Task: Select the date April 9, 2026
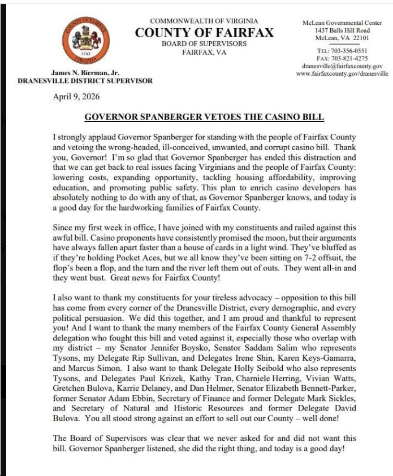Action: pos(76,97)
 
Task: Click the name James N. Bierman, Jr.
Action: pos(84,73)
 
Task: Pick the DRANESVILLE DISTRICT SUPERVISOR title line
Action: pos(85,81)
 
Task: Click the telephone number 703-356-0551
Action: pos(348,50)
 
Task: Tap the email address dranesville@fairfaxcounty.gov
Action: pos(343,65)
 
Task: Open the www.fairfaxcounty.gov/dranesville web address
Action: pos(342,73)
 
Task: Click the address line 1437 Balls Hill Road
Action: pos(343,30)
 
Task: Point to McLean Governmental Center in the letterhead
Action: pos(343,22)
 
